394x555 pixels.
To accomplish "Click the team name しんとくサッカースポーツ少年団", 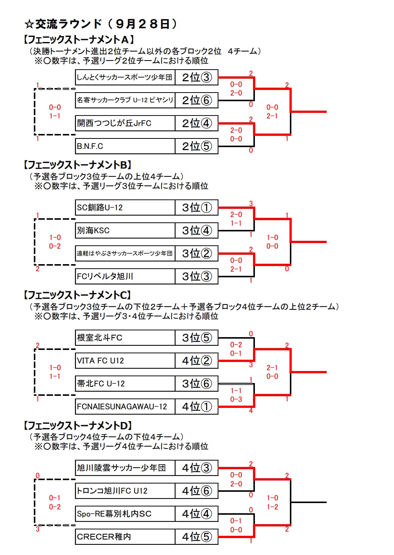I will (x=124, y=77).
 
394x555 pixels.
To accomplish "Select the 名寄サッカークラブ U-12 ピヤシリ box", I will (x=125, y=100).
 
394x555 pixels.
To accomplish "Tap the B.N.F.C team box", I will (x=125, y=146).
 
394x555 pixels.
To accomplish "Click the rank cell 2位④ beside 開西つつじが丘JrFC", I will (x=197, y=123).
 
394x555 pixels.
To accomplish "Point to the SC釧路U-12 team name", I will (x=100, y=207).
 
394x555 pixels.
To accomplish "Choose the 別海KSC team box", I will (x=125, y=230).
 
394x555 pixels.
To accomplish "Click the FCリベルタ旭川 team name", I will (x=105, y=276).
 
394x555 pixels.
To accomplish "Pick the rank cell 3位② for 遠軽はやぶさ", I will (x=197, y=253).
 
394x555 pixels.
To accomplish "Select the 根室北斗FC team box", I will (x=125, y=338).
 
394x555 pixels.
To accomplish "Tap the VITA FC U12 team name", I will (x=100, y=360).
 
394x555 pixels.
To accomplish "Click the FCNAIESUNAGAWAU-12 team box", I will (x=125, y=406).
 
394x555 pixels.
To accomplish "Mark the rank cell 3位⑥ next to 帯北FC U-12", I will (x=197, y=383).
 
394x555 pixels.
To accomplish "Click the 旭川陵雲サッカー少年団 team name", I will (x=121, y=468).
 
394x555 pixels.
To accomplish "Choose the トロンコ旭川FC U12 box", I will (x=125, y=491).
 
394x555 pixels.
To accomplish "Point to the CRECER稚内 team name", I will (x=104, y=537).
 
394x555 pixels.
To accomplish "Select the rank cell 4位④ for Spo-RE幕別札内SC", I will (x=197, y=514).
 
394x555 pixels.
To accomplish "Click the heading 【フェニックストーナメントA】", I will (x=79, y=39).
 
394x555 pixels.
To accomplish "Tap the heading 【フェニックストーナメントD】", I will (x=78, y=426).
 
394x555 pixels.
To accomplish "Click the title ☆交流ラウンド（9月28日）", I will (x=101, y=24).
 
